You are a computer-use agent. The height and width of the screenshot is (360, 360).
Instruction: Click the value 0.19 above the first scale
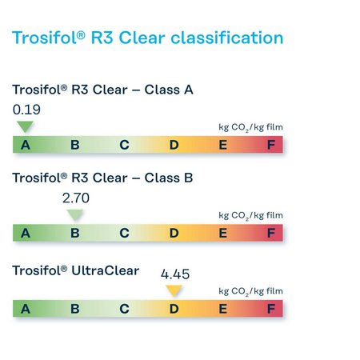point(26,110)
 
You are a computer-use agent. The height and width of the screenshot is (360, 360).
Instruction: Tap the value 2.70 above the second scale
point(76,198)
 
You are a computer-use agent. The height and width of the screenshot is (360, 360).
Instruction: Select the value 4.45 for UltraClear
point(175,274)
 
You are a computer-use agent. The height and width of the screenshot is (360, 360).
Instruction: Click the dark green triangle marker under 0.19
point(25,126)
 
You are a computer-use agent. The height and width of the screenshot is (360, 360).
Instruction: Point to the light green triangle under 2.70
point(75,214)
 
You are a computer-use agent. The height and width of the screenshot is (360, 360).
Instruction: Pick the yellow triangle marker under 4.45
point(174,290)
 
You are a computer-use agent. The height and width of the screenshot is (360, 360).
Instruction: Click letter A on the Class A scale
point(26,145)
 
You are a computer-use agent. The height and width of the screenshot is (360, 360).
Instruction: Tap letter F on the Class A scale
point(271,145)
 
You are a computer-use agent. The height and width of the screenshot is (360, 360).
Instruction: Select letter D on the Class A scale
point(174,145)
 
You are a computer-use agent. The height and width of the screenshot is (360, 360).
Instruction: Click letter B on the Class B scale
point(75,234)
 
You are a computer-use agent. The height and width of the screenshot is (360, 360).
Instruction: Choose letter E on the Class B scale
point(223,234)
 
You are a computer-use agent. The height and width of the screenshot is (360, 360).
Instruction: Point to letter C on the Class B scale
point(125,234)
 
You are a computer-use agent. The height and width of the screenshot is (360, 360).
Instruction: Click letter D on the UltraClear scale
point(174,309)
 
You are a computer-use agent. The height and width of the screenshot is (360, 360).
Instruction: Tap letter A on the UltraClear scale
point(26,309)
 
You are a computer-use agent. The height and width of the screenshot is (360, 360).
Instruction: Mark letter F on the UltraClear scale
point(271,309)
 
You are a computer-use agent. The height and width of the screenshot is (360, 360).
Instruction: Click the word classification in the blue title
point(227,38)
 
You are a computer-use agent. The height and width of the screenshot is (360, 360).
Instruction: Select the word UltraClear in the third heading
point(106,270)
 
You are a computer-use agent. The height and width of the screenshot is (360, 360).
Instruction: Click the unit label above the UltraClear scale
point(250,291)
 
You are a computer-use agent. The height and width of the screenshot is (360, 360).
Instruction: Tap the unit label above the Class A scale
point(250,127)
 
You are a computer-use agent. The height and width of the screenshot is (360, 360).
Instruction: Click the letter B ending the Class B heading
point(188,178)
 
